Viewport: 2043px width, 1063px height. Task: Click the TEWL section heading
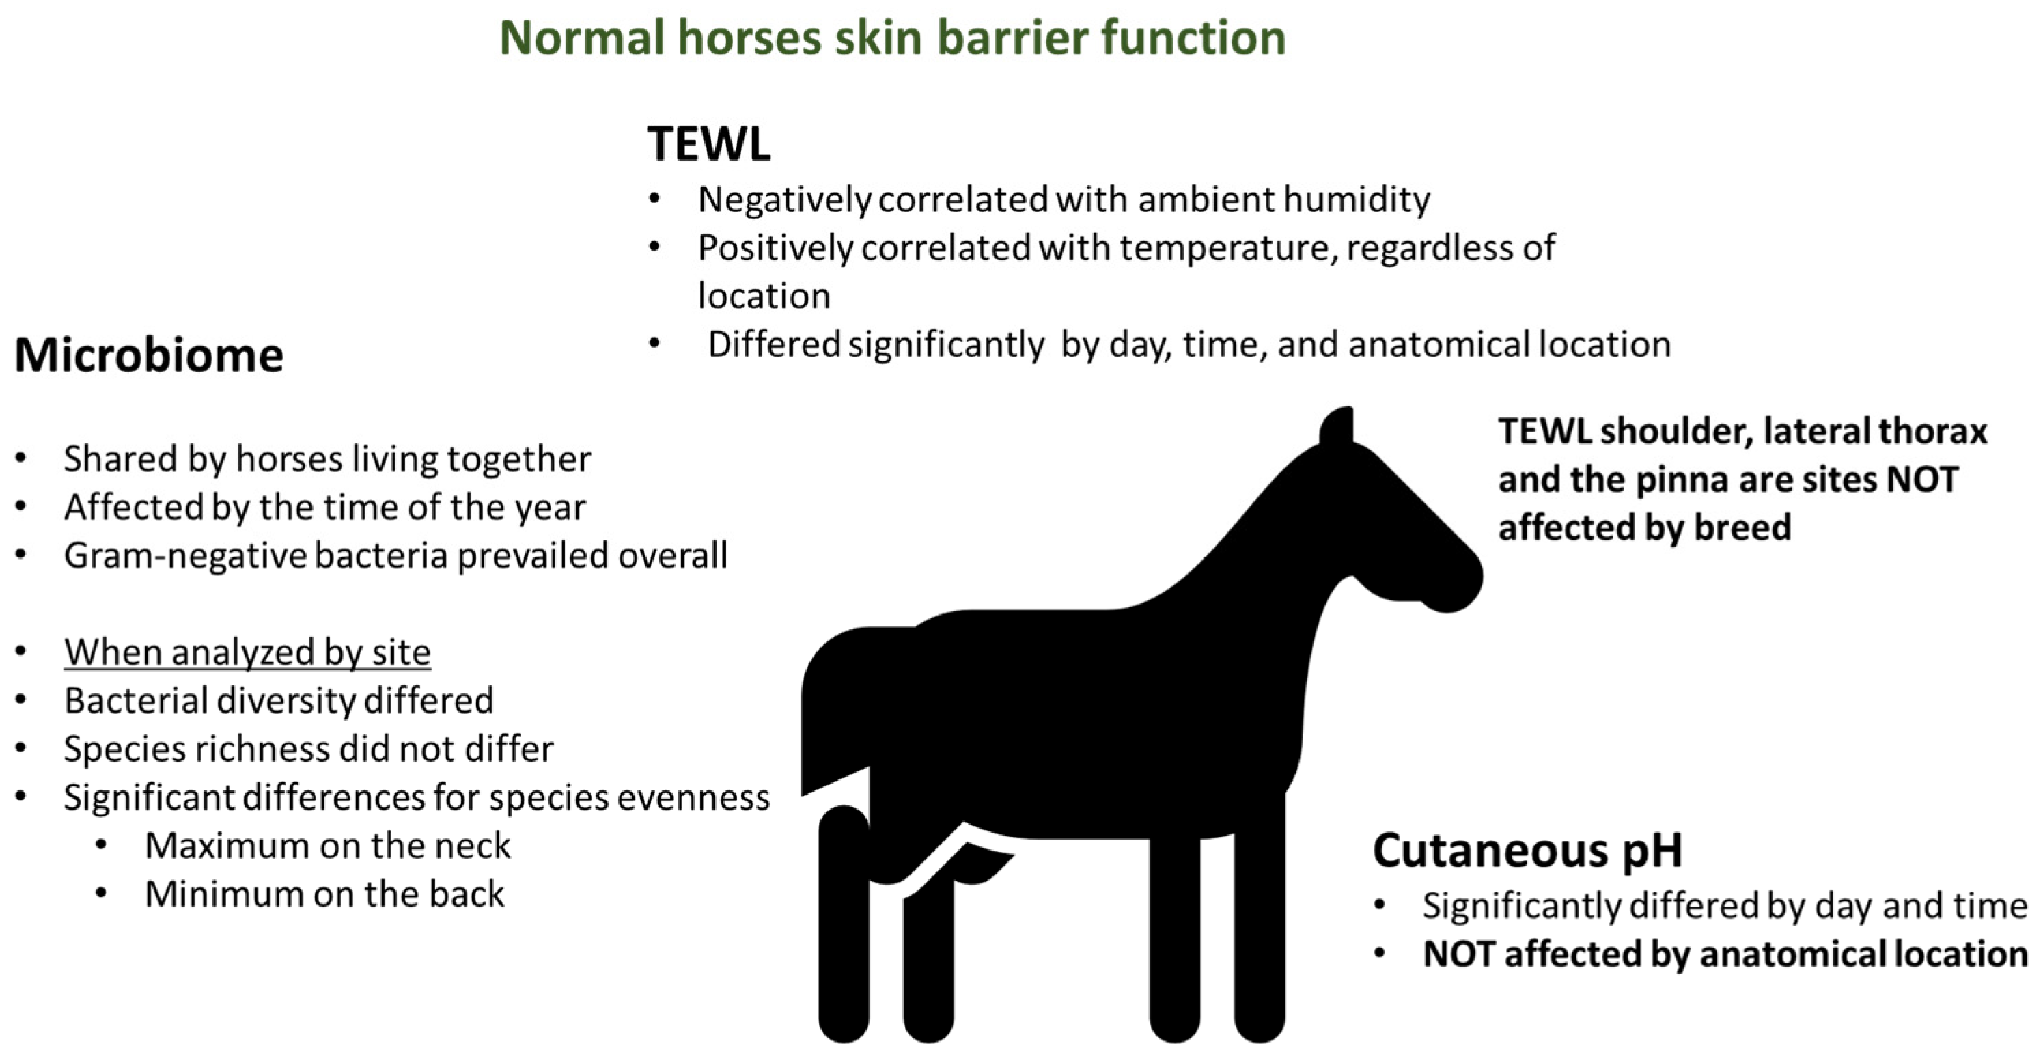708,143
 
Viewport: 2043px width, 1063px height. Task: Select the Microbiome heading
149,355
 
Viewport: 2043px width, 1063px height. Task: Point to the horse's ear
1337,428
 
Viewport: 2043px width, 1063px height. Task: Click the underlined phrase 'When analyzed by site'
247,653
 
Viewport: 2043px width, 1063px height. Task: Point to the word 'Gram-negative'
185,556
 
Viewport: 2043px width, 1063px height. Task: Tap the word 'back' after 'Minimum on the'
467,895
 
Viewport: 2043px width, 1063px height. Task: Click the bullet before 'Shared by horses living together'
21,458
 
